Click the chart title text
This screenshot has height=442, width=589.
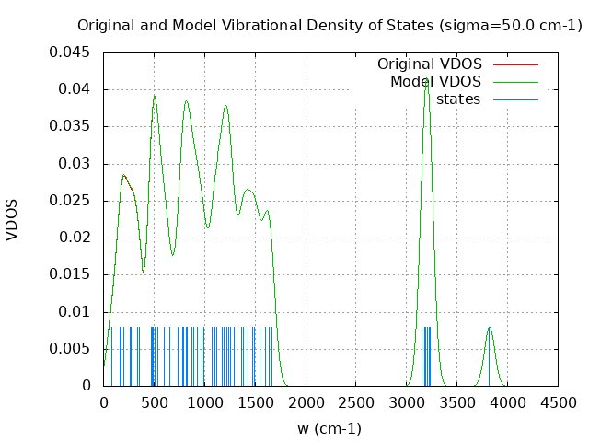329,25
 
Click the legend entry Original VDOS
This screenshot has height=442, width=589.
429,64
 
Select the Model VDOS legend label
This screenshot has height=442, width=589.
435,82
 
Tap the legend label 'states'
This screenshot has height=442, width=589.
458,99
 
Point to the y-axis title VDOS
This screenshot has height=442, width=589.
12,219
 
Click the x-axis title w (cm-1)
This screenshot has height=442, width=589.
329,428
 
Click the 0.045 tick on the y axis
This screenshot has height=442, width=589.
70,52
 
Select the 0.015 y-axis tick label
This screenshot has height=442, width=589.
70,274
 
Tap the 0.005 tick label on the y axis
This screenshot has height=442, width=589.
70,349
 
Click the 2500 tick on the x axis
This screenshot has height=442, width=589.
356,402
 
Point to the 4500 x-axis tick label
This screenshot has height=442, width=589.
558,402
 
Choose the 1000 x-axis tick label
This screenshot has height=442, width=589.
204,402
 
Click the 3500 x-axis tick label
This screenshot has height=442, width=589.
457,402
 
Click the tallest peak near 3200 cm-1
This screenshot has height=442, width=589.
426,81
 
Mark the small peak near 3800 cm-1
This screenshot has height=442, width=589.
490,327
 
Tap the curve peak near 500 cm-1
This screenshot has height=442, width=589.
155,95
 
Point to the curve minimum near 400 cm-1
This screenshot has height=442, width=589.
144,271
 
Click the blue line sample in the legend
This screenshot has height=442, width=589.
515,99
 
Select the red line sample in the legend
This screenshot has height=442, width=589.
515,64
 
